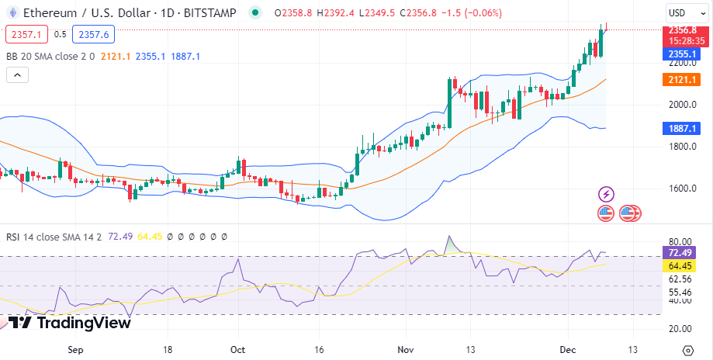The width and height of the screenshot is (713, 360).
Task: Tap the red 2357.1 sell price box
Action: click(26, 34)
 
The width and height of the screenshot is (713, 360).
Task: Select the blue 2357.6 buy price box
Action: click(93, 34)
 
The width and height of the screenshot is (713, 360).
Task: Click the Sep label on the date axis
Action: click(75, 349)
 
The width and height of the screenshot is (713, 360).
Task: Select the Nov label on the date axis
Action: click(406, 349)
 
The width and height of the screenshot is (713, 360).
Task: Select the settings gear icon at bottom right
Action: click(687, 349)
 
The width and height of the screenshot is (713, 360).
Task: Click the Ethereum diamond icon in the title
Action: click(10, 13)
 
